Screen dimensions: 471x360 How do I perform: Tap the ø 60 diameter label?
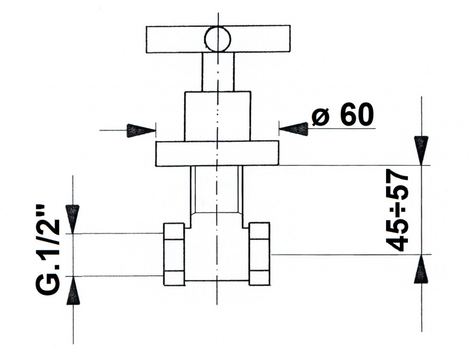343,114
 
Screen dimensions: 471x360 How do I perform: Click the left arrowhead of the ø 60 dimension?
141,131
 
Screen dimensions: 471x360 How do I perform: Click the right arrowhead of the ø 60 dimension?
293,129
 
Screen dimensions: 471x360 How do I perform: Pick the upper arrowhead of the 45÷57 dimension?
421,151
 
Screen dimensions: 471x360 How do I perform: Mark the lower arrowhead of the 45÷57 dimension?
421,269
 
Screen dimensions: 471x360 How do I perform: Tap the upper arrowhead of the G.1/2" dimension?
73,219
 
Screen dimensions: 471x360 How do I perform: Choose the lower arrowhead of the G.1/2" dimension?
73,290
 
